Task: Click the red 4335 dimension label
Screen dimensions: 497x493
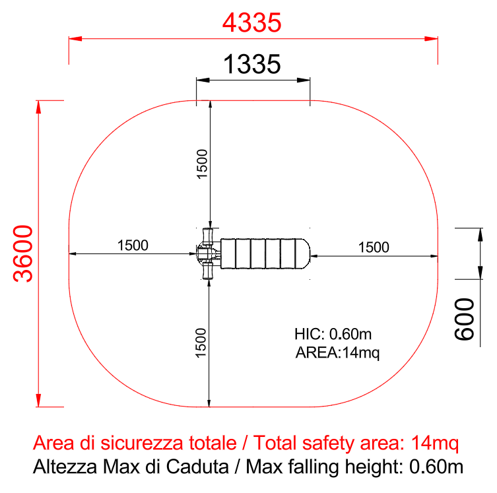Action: [x=251, y=22]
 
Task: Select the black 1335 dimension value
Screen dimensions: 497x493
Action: [x=252, y=64]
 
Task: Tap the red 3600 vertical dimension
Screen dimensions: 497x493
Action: [x=23, y=253]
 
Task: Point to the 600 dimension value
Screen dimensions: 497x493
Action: [x=465, y=319]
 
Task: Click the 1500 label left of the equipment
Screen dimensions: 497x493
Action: [x=133, y=246]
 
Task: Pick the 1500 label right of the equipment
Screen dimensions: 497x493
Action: [x=374, y=247]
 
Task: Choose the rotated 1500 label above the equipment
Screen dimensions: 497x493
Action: [x=202, y=164]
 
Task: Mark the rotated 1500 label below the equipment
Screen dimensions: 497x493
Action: [x=201, y=343]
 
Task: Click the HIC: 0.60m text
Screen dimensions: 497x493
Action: [x=333, y=334]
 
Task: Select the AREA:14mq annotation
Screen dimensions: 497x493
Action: [x=337, y=352]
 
